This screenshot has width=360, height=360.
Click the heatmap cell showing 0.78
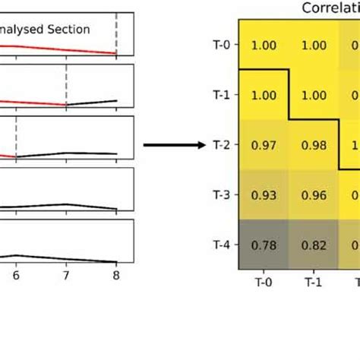click(264, 245)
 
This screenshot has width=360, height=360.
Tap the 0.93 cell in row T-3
click(264, 194)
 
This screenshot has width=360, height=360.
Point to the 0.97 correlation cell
click(264, 144)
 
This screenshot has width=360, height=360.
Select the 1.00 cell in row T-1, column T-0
click(264, 95)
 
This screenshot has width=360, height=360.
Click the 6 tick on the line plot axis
click(16, 277)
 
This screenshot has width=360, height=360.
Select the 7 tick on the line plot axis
click(66, 277)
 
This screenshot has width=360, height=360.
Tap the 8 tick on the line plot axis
click(116, 277)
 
